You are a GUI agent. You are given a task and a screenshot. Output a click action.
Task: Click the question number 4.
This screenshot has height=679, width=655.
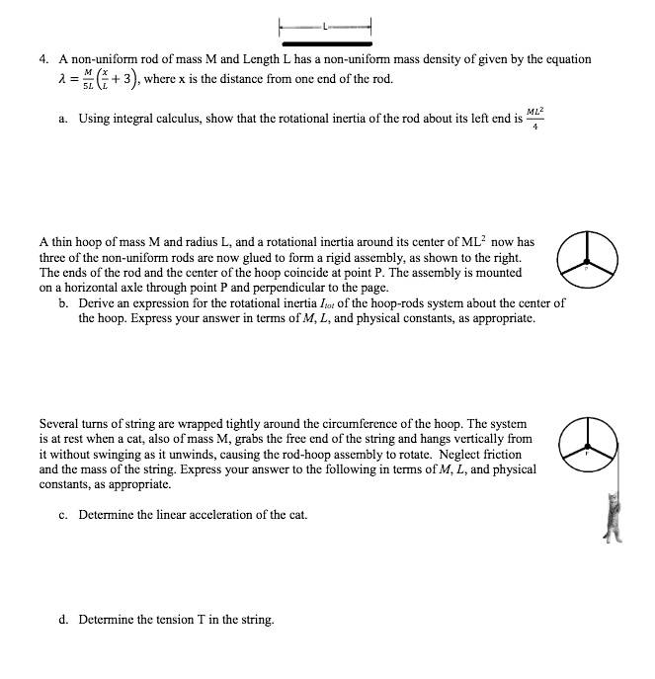point(43,59)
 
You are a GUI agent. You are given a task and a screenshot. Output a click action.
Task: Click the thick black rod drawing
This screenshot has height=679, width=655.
point(326,44)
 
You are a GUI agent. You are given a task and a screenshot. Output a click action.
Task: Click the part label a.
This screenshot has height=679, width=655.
point(63,120)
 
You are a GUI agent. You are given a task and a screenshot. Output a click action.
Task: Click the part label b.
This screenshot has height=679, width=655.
point(63,304)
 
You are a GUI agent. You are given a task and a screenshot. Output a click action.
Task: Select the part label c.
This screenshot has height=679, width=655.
point(63,515)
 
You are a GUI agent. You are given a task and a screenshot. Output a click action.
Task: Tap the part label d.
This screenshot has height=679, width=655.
point(63,620)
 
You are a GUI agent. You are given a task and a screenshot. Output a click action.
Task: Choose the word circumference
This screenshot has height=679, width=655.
point(356,422)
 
